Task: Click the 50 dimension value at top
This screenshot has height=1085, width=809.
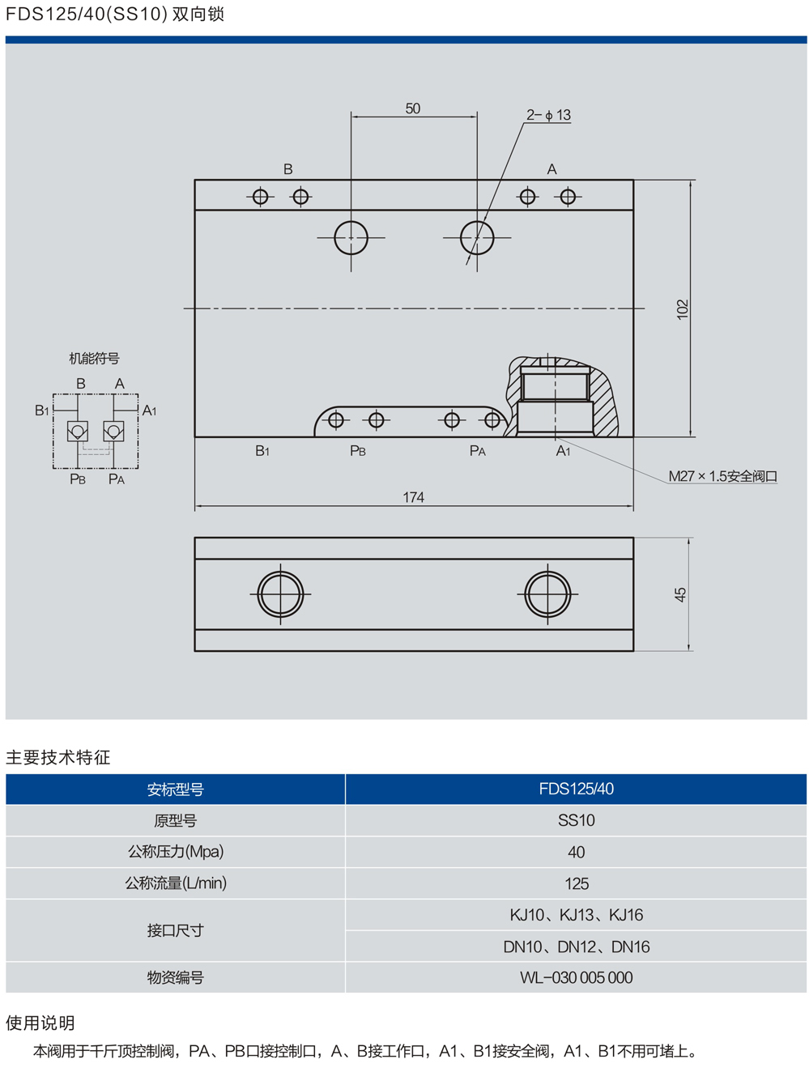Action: (413, 108)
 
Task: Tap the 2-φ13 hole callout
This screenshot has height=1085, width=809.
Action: (548, 115)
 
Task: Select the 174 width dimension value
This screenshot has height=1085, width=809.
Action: (413, 497)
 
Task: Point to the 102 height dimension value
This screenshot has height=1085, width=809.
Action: (682, 308)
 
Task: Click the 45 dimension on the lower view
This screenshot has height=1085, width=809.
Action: (680, 594)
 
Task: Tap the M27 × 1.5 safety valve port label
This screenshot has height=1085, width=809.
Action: (722, 476)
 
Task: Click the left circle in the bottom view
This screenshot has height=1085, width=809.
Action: (280, 594)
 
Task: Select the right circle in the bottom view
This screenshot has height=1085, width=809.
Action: (547, 594)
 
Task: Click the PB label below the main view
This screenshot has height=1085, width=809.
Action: (357, 451)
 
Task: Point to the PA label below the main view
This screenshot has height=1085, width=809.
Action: (478, 451)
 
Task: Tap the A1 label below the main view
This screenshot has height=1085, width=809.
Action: (563, 451)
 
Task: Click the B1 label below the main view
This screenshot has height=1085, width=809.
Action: (262, 451)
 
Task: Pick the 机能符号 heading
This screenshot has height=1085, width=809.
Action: (94, 358)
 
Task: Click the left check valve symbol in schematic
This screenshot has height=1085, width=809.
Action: (78, 431)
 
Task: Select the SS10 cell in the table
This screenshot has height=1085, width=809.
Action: (576, 820)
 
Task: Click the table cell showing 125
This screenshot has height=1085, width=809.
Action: (576, 883)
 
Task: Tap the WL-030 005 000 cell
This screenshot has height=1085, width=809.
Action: (576, 977)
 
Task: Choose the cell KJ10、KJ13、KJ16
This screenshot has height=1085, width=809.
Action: (576, 915)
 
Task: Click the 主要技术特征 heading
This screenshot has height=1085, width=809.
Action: (58, 757)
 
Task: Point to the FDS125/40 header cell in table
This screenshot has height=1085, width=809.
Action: (576, 789)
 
